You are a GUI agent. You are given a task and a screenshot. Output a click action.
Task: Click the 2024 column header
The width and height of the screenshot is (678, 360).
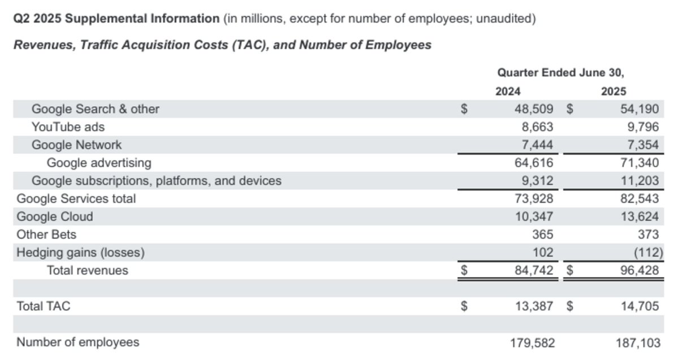click(508, 92)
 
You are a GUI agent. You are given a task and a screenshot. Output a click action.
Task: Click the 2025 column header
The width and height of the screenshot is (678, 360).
click(613, 92)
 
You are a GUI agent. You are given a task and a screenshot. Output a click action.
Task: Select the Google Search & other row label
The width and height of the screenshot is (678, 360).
click(95, 109)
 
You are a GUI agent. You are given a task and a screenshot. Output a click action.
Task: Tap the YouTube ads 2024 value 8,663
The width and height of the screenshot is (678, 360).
click(537, 127)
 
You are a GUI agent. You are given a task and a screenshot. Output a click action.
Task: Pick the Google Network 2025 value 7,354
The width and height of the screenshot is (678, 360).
click(643, 145)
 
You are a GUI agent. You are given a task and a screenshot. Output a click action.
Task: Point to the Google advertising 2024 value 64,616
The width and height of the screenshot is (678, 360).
click(534, 163)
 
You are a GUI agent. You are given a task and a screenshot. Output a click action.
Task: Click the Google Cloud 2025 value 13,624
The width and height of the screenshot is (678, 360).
click(640, 216)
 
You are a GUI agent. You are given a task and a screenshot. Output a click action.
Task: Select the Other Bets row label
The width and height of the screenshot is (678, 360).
click(46, 235)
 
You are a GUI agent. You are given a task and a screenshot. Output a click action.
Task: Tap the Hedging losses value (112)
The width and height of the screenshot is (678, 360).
click(648, 253)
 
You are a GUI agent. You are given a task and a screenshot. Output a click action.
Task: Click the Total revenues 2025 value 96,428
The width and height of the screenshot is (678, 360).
click(640, 271)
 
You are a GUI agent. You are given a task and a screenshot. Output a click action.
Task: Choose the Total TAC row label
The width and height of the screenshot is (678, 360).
click(43, 306)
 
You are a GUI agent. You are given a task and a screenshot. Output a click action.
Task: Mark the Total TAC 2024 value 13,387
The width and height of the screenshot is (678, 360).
click(534, 306)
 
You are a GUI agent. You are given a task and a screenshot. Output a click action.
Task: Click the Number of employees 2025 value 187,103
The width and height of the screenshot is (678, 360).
click(638, 343)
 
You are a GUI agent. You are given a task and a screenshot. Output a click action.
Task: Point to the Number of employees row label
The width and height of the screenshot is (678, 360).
click(78, 342)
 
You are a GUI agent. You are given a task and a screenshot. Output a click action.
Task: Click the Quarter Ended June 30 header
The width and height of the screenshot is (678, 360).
click(560, 72)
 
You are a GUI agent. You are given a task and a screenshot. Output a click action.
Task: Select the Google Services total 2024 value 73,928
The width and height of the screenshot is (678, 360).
click(534, 199)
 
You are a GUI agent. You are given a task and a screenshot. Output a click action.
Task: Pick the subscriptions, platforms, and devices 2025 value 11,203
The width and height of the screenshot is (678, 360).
click(640, 181)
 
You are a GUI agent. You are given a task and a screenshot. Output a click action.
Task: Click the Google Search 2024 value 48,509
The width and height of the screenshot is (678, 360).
click(534, 109)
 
